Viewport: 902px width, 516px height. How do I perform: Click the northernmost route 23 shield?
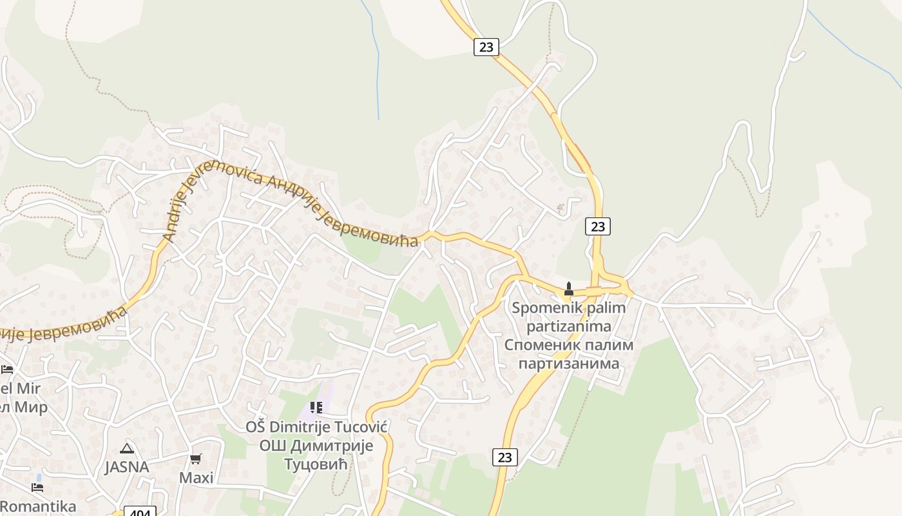pyautogui.click(x=486, y=46)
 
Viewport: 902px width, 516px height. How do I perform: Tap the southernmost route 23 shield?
pyautogui.click(x=504, y=457)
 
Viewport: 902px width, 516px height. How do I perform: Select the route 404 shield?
pyautogui.click(x=140, y=512)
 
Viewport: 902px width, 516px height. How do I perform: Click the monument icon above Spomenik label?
pyautogui.click(x=568, y=288)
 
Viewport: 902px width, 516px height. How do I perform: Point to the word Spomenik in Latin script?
pyautogui.click(x=541, y=308)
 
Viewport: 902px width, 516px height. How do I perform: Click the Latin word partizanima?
pyautogui.click(x=568, y=326)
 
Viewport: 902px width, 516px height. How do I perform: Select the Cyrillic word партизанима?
pyautogui.click(x=568, y=363)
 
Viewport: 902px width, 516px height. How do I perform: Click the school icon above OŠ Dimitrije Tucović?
pyautogui.click(x=316, y=407)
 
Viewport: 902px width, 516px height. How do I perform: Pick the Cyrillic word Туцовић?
pyautogui.click(x=316, y=464)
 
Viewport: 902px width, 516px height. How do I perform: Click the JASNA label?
pyautogui.click(x=127, y=467)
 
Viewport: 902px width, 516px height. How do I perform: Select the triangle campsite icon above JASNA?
pyautogui.click(x=126, y=448)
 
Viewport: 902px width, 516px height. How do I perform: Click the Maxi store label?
pyautogui.click(x=196, y=478)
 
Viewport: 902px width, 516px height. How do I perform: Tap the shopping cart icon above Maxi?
pyautogui.click(x=195, y=459)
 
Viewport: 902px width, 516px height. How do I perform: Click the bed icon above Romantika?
pyautogui.click(x=37, y=487)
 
